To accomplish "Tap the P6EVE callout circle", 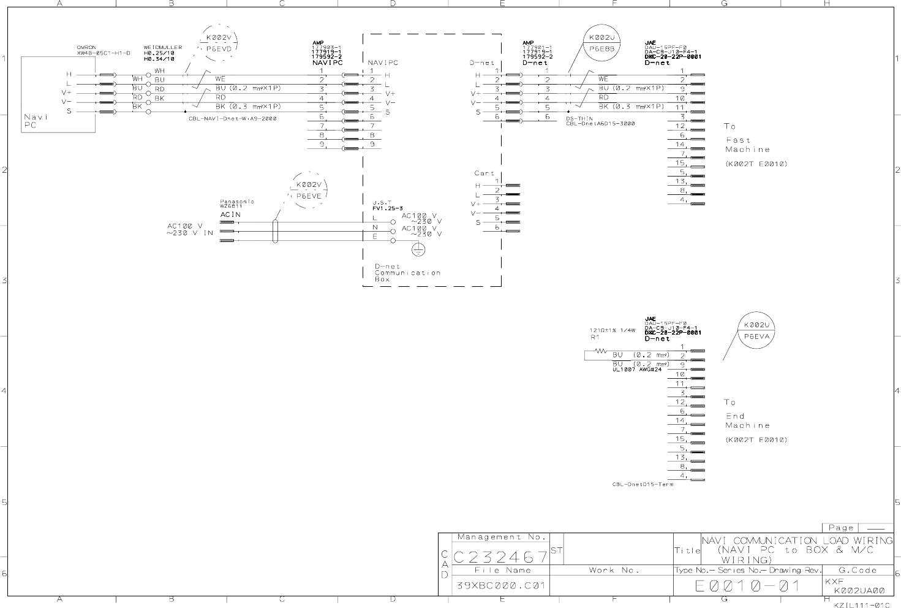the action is (x=309, y=191).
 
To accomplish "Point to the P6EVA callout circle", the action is (x=759, y=331).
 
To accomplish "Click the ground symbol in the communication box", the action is (x=418, y=249).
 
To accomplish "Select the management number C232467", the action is (x=501, y=557).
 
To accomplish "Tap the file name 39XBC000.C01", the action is (x=501, y=586).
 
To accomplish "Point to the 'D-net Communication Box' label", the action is (x=407, y=273).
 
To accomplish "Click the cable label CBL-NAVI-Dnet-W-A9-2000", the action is (x=232, y=119).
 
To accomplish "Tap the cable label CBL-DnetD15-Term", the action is (x=642, y=485).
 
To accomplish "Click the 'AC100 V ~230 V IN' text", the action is (x=190, y=229).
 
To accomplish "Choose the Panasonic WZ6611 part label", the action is (x=237, y=203).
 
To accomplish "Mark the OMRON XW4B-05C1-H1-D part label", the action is (x=104, y=50).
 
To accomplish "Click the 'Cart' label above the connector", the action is (x=484, y=173).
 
